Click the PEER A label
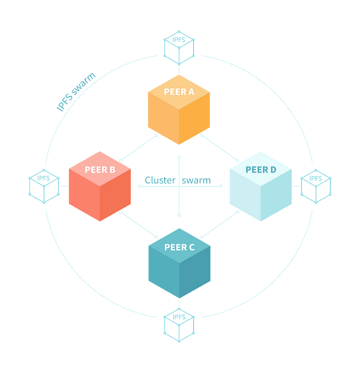pos(179,92)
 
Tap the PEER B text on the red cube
pos(100,170)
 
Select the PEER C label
pos(179,247)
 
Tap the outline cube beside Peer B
pos(44,186)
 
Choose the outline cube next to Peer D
pos(316,185)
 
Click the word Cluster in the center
pos(159,180)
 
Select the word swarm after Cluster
pos(196,180)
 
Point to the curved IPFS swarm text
pos(76,91)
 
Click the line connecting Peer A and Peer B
pos(139,147)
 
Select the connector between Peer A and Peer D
pos(220,147)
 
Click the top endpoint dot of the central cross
pos(179,157)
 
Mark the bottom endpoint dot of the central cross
pos(179,215)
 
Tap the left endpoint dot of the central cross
pos(139,186)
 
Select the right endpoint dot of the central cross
pos(220,186)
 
